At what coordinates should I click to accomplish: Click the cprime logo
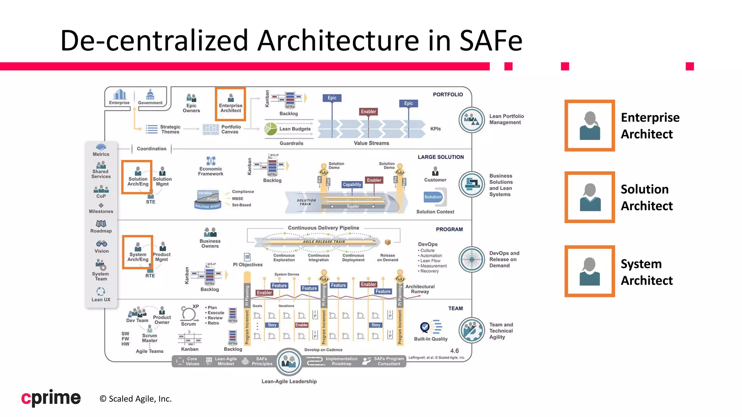[51, 398]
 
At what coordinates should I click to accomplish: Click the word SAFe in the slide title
[491, 41]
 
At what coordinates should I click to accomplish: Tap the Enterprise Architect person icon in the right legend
[589, 126]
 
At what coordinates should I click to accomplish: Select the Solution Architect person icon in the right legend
[589, 197]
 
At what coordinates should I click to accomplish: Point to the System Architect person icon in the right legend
[589, 271]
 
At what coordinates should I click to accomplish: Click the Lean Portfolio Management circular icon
[472, 120]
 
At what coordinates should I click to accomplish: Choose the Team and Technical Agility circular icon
[472, 330]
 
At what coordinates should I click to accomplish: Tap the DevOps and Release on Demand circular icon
[472, 259]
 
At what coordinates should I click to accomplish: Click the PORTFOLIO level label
[448, 94]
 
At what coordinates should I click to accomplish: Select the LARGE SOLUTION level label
[441, 157]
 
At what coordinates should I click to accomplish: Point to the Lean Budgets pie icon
[271, 129]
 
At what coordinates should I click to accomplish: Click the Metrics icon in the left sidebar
[101, 147]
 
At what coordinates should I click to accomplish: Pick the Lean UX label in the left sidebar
[101, 300]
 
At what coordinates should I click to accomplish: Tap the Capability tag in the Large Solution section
[352, 184]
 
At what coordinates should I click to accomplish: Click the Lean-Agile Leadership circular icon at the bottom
[289, 361]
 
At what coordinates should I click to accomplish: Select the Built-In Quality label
[431, 339]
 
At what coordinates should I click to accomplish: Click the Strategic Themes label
[170, 129]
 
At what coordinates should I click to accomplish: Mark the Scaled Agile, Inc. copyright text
[136, 399]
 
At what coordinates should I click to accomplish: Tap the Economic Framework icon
[210, 161]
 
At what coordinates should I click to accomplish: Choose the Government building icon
[150, 94]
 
